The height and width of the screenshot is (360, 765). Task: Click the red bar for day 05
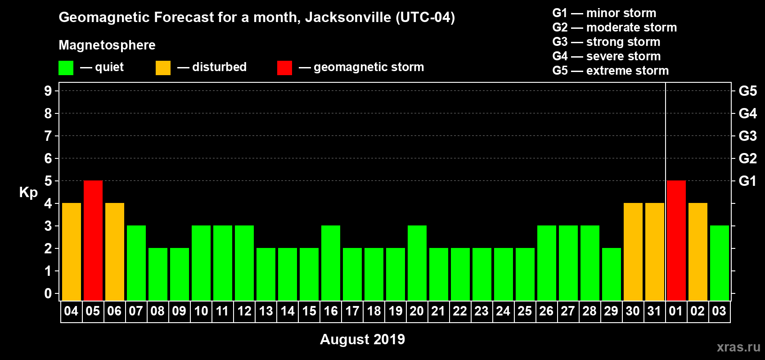coord(93,240)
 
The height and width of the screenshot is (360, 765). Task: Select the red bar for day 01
coord(676,240)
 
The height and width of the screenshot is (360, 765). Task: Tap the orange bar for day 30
coord(633,252)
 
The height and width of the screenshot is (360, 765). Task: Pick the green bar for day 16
coord(331,263)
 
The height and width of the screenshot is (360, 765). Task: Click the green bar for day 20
coord(417,263)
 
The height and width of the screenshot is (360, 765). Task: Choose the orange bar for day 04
coord(72,252)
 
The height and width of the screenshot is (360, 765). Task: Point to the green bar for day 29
coord(612,274)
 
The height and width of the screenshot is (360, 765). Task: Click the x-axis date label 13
coord(266,311)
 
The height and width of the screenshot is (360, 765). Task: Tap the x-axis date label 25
coord(525,311)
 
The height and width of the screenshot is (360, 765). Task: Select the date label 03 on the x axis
coord(719,311)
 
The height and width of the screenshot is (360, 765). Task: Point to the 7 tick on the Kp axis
coord(48,136)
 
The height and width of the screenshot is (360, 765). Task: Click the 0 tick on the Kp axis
coord(48,293)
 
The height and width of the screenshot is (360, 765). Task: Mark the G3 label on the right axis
coord(747,136)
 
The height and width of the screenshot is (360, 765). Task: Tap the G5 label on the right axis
coord(747,91)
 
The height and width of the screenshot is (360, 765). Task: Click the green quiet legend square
coord(66,68)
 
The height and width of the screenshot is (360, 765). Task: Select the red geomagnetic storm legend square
coord(284,68)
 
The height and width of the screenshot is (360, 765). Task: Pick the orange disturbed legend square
coord(163,68)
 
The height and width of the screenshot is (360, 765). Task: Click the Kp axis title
coord(28,192)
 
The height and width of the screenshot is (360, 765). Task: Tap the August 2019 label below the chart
coord(362,339)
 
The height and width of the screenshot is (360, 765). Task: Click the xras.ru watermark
coord(738,347)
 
